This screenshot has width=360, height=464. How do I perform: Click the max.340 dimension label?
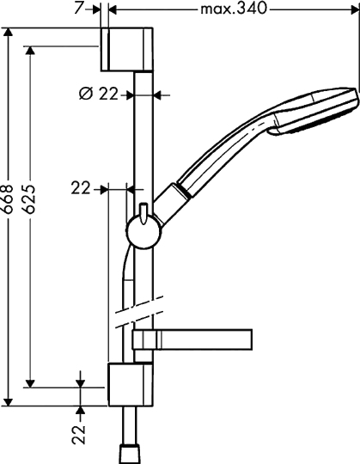click(x=234, y=9)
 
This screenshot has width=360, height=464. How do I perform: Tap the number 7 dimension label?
click(x=79, y=8)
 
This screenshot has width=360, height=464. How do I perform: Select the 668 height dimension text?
click(x=8, y=198)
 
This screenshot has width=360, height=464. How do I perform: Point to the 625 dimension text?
click(x=30, y=198)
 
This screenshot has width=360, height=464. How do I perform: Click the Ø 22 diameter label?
click(x=99, y=95)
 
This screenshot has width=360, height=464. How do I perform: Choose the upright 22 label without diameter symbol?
click(x=81, y=188)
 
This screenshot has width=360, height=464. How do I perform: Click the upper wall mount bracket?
click(x=127, y=50)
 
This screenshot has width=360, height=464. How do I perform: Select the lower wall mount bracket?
click(x=131, y=384)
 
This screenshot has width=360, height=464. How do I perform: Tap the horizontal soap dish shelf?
click(x=192, y=339)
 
